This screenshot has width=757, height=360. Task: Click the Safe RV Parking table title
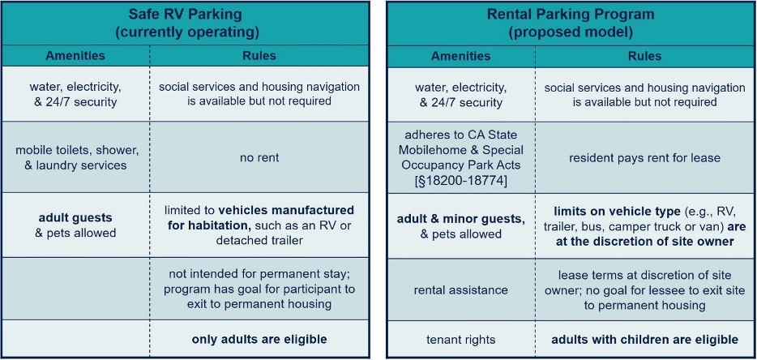186,24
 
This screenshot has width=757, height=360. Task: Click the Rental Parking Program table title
571,24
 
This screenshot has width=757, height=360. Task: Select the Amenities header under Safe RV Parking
75,56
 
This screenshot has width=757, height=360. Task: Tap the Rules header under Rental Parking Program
644,56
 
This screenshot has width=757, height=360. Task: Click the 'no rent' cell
259,158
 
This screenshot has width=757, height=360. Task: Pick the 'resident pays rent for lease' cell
644,158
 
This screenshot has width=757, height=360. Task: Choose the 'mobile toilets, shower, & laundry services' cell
77,157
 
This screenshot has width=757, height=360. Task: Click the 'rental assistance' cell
461,290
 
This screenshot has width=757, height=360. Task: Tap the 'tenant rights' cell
461,340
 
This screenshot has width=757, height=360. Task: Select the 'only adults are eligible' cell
259,339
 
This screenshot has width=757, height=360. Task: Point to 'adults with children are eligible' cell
644,340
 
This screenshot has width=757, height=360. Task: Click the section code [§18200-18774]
461,180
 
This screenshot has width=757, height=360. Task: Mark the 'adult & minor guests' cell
461,226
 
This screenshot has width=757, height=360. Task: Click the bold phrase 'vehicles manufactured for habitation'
261,218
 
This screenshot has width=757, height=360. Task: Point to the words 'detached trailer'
259,240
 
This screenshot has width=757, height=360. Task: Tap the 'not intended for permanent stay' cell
262,289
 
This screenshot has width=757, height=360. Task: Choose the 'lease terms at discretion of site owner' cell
644,290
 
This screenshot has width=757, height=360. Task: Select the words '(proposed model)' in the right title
571,32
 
